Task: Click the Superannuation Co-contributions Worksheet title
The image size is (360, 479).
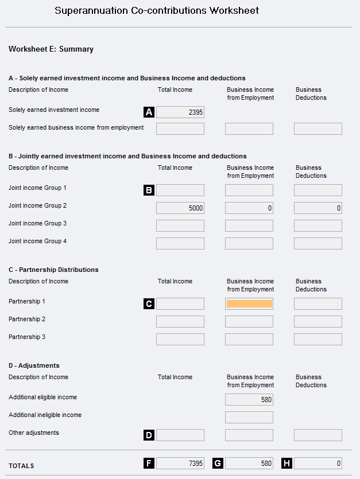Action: [x=157, y=10]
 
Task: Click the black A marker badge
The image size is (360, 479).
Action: [x=149, y=112]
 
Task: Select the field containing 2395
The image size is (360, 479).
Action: [x=180, y=112]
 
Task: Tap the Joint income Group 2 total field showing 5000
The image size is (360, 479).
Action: [x=180, y=208]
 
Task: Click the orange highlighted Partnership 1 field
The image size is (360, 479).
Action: [x=249, y=303]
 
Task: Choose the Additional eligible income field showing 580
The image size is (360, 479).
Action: [x=249, y=400]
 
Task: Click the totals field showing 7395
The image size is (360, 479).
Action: [x=180, y=463]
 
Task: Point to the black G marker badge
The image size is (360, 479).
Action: [x=218, y=463]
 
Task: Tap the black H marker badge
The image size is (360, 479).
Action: [x=287, y=463]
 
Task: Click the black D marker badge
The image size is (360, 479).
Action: [x=149, y=435]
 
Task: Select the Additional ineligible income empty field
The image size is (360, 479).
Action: [x=249, y=417]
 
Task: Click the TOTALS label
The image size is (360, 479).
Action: [x=21, y=466]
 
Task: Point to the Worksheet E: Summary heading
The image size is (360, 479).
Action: [x=51, y=49]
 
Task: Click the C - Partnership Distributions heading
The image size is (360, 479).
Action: [x=53, y=270]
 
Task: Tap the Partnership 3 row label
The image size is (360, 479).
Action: [x=27, y=337]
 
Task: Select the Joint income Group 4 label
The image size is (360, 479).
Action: [x=37, y=241]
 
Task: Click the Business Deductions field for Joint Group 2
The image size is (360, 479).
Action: [x=318, y=208]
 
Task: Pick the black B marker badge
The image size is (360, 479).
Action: [x=149, y=190]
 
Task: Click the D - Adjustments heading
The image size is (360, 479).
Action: [x=34, y=365]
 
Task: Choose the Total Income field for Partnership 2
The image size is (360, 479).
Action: [x=180, y=321]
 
